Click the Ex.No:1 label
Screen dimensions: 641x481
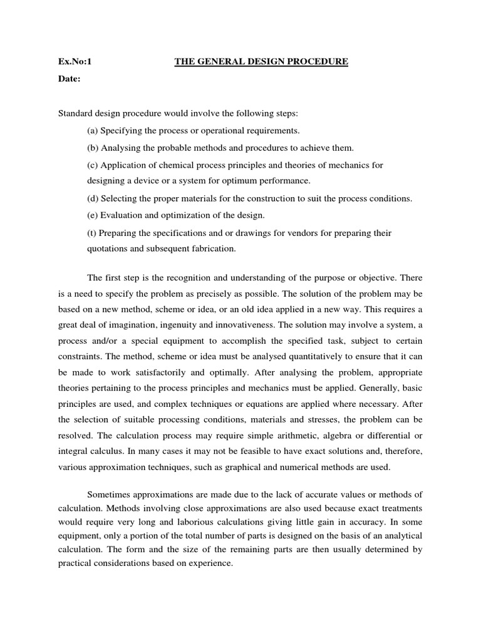pos(75,61)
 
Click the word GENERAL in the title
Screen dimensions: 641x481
pos(220,61)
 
